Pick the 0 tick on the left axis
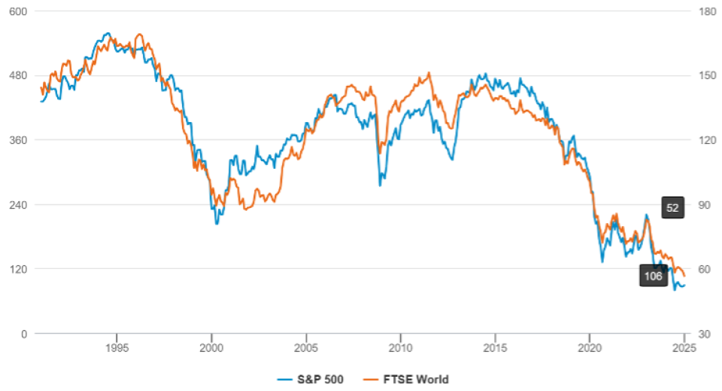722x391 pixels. coord(23,333)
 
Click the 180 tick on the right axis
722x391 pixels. coord(705,11)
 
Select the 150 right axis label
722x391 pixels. coord(705,75)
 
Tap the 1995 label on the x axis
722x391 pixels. coord(117,348)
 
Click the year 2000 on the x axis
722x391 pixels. coord(211,348)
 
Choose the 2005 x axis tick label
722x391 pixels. coord(306,348)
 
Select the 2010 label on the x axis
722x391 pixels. coord(400,348)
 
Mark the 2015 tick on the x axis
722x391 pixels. coord(495,348)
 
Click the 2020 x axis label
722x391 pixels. coord(590,348)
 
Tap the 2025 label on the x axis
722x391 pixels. coord(684,348)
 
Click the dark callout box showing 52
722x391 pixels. coord(672,208)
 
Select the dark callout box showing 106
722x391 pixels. coord(654,276)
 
